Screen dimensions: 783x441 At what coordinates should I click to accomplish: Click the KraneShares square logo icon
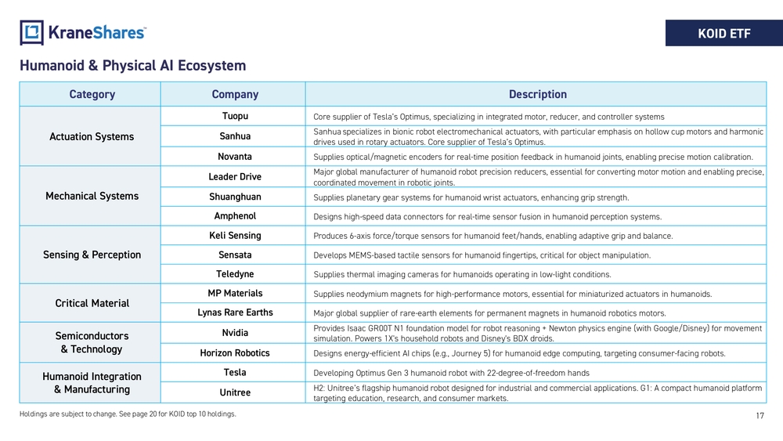tap(31, 32)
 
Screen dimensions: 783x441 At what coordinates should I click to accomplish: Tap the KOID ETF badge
tap(724, 33)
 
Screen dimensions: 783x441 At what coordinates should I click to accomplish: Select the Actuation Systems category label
tap(92, 136)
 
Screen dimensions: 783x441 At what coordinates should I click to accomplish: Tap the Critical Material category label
tap(92, 303)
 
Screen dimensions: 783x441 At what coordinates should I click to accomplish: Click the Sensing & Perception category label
tap(92, 255)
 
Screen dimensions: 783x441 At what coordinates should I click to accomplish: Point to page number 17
tap(760, 415)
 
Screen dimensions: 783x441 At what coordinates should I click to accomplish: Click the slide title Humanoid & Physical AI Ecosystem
tap(133, 66)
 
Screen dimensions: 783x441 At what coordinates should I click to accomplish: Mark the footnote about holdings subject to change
tap(128, 414)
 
